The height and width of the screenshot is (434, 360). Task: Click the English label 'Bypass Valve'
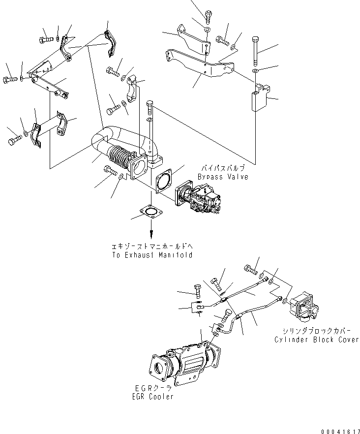(x=223, y=177)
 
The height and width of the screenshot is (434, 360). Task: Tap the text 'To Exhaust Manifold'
(x=151, y=255)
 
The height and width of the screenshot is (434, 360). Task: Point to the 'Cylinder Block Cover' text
(x=316, y=340)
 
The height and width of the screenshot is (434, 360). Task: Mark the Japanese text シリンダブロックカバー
(x=316, y=332)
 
